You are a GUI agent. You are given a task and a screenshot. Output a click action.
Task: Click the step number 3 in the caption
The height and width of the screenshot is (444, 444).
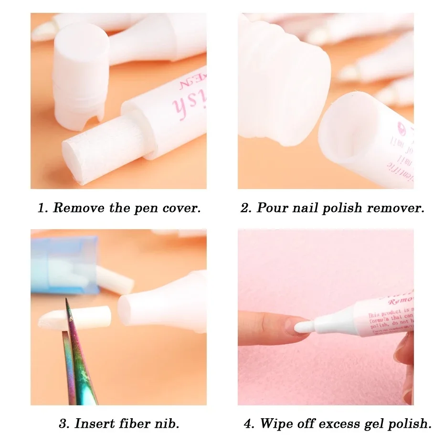pos(62,423)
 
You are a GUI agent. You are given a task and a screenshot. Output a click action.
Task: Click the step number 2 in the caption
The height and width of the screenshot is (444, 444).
pos(245,208)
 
